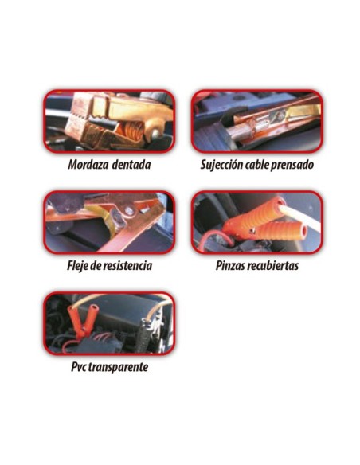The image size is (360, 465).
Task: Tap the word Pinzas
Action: pos(233,265)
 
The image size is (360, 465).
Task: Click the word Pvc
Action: pos(80,368)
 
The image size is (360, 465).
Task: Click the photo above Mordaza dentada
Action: pos(109,121)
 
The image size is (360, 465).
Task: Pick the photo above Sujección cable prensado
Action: pos(256,121)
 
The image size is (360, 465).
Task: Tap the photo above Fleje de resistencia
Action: pos(109,221)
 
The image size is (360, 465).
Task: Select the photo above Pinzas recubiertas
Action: pos(256,221)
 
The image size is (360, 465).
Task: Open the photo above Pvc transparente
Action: pos(109,322)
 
